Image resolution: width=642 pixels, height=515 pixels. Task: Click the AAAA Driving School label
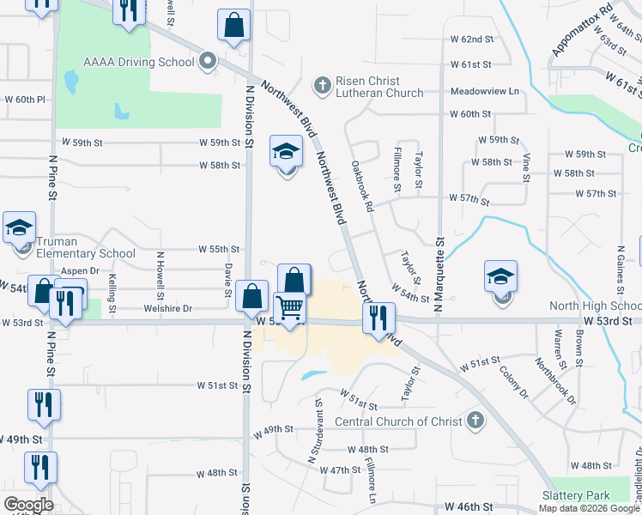(x=138, y=62)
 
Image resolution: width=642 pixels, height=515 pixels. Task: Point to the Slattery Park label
(x=576, y=495)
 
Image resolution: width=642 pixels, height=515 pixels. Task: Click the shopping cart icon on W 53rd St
(x=290, y=306)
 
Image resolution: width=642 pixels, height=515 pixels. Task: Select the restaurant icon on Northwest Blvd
(x=379, y=318)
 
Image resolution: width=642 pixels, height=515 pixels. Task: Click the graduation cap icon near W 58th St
(x=287, y=153)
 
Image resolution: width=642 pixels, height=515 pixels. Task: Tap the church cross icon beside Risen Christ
(x=322, y=85)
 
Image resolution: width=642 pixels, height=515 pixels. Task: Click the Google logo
(x=28, y=505)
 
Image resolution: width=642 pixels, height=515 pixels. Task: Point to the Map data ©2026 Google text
(x=590, y=508)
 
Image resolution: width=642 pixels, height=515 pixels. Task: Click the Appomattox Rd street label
(x=583, y=31)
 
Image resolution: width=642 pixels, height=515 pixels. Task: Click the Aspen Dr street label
(x=81, y=270)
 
